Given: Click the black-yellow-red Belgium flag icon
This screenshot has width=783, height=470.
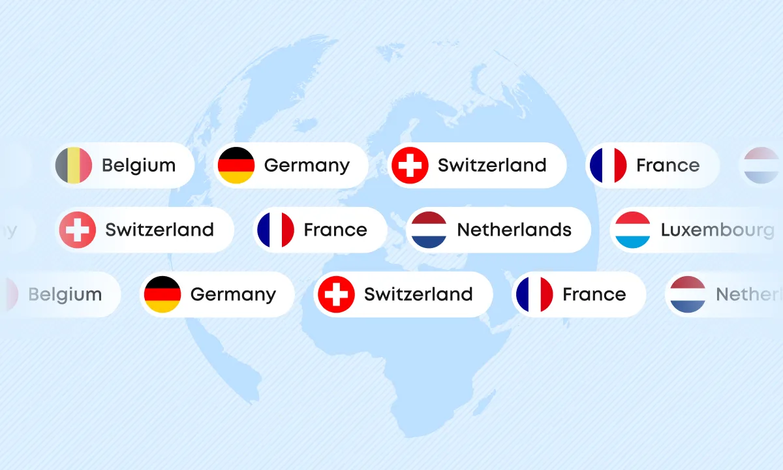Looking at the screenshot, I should coord(74,165).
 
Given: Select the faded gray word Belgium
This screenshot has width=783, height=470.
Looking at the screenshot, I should coord(65,294).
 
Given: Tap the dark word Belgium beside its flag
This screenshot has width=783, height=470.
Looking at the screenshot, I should coord(138,165).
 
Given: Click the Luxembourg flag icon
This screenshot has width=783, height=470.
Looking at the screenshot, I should coord(633,230).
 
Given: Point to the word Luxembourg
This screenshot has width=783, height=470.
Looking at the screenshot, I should coord(717,230).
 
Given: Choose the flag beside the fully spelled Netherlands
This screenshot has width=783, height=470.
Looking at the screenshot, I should coord(429,230).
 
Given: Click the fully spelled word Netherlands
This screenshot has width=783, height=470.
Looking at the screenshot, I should coord(514,230).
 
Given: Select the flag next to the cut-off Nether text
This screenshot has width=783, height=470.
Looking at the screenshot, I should coord(688,294).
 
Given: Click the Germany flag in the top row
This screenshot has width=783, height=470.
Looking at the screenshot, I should coord(236,165).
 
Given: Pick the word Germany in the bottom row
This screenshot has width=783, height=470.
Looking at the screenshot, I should coord(233,294).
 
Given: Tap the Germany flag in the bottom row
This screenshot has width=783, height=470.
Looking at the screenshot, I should coord(162,294).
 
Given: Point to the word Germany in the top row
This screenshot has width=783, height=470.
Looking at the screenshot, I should coord(307,165).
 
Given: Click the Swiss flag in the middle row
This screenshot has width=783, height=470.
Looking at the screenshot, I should coord(78,230).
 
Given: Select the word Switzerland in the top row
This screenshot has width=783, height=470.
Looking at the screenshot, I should coord(492,165).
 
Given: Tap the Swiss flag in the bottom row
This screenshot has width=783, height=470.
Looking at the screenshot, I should coord(336,294).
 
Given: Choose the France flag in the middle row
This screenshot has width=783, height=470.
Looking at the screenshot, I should coord(276,230).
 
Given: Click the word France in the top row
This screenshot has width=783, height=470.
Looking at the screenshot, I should coord(668,165).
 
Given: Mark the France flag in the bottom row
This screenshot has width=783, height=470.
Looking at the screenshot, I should coord(534,294).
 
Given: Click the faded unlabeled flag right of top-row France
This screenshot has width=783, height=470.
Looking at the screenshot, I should coord(761,165).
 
